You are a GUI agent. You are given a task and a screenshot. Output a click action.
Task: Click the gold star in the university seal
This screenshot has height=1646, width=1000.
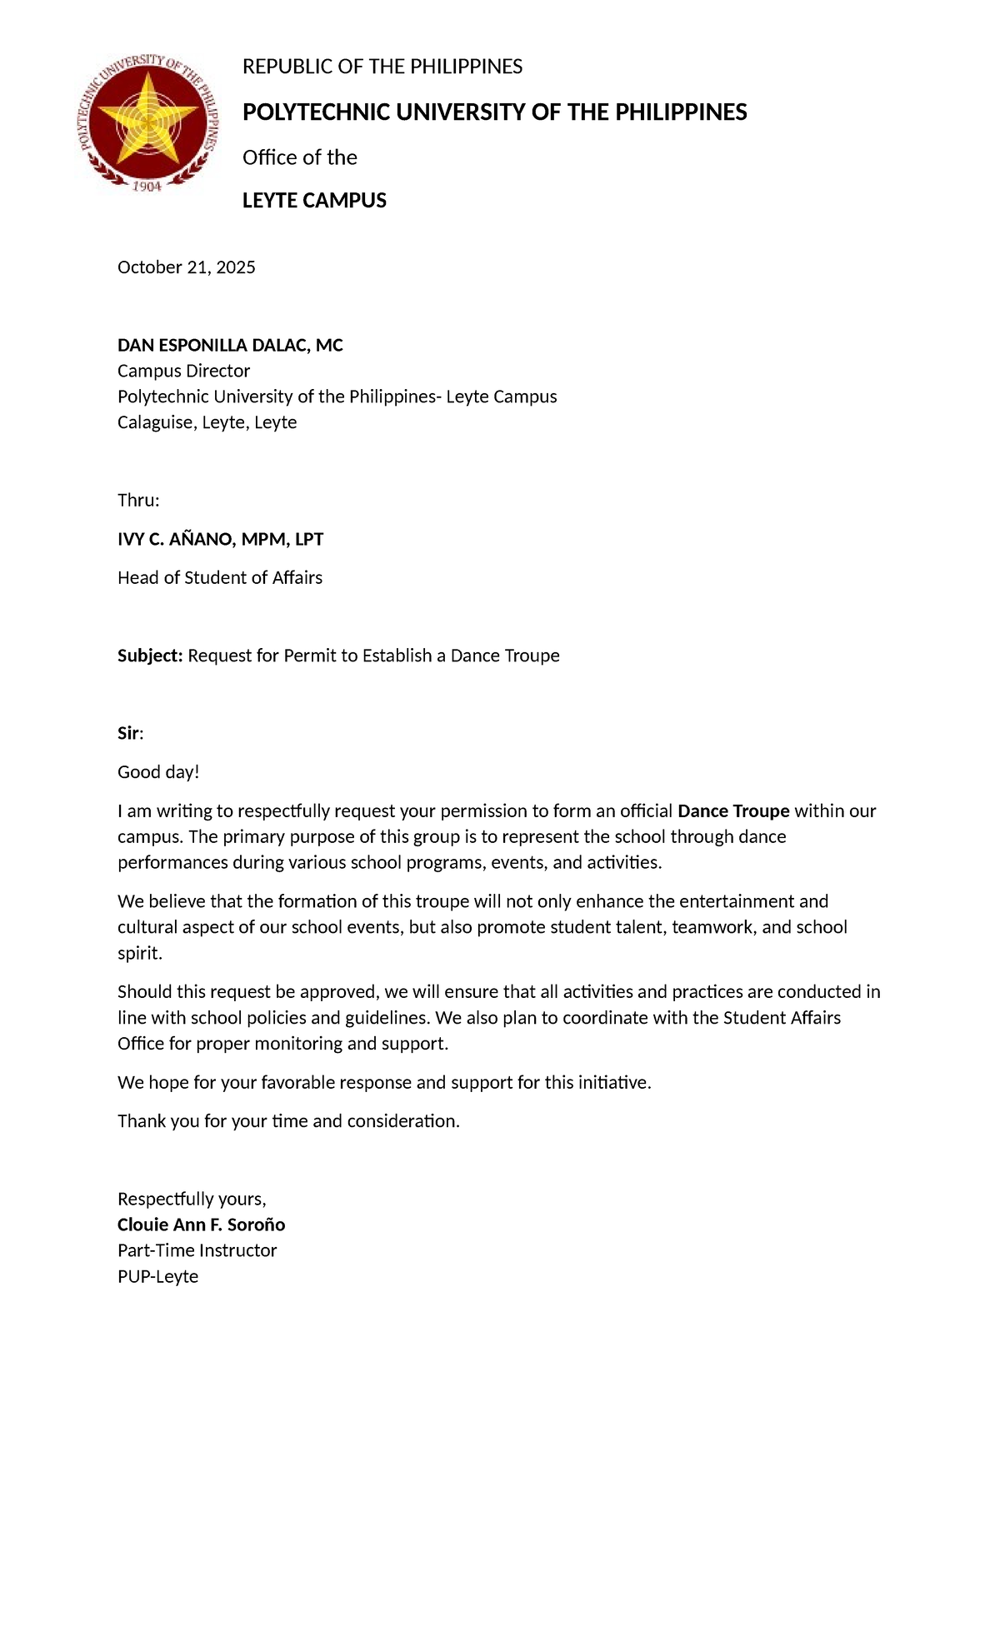148,117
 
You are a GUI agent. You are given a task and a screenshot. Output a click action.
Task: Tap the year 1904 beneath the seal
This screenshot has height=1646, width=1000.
147,186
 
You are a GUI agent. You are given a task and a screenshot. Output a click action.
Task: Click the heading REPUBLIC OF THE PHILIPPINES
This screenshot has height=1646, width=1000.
382,67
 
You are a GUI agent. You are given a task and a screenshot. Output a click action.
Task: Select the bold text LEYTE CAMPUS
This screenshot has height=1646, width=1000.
314,201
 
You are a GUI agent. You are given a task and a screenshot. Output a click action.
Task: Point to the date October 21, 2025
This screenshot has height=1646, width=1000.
186,267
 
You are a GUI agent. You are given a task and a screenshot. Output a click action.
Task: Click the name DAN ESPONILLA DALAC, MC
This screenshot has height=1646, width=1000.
230,346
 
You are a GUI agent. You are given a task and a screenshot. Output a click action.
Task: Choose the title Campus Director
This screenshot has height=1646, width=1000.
183,372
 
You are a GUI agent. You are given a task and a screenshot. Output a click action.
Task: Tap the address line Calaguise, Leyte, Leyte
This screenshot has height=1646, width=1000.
207,422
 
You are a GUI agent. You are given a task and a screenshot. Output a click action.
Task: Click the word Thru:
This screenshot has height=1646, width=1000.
138,501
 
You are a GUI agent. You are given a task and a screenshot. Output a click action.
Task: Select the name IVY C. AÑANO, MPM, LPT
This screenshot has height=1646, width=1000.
220,540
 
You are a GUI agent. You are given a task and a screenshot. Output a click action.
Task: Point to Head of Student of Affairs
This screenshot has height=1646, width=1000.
219,578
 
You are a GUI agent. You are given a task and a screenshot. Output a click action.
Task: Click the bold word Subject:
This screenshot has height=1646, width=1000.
150,656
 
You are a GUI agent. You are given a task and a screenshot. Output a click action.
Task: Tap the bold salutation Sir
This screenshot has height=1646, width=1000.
128,734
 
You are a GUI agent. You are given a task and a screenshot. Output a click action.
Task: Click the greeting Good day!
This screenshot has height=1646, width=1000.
158,772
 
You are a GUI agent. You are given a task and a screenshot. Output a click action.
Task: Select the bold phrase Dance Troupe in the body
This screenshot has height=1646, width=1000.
733,811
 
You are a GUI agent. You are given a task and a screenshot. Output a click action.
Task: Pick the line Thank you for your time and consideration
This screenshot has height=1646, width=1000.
288,1121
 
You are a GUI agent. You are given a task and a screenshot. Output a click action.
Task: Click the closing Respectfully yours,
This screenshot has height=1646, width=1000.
192,1200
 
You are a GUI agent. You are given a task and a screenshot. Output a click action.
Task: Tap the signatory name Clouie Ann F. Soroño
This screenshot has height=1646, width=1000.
201,1225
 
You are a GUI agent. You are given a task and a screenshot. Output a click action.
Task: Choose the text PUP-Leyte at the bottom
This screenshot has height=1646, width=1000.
157,1277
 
